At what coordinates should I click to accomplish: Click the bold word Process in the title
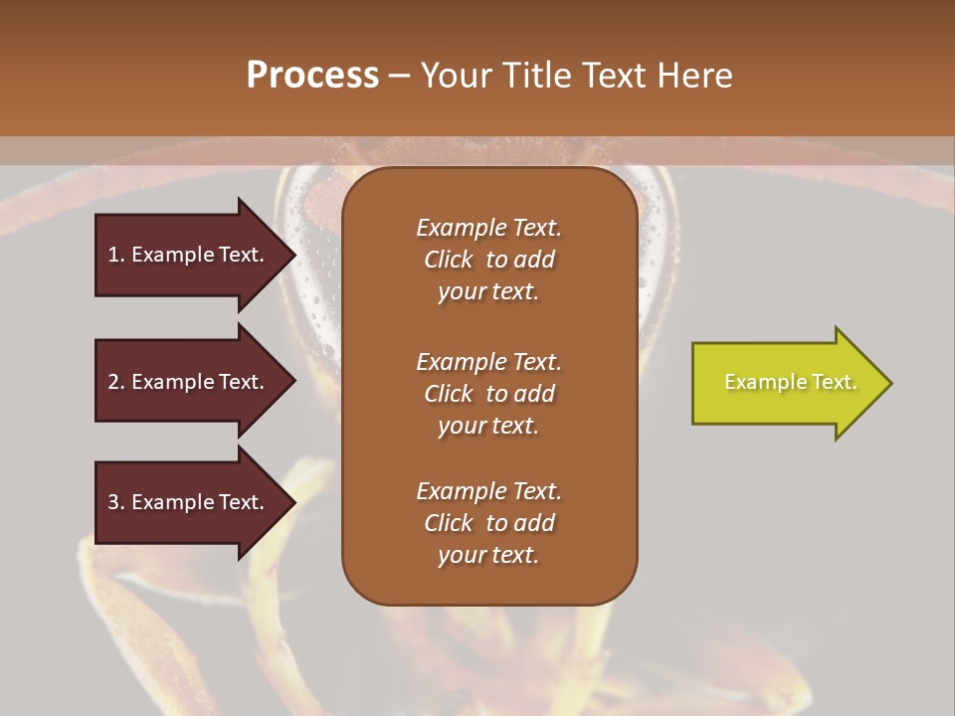click(312, 76)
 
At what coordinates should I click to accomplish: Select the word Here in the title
click(694, 76)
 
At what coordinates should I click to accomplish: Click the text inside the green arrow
click(791, 382)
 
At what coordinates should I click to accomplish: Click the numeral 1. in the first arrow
click(115, 255)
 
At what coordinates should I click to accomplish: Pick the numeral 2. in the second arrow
click(115, 382)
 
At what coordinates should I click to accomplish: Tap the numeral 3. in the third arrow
click(115, 502)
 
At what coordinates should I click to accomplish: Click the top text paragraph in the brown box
click(488, 260)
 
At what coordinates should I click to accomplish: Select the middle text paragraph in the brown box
click(488, 394)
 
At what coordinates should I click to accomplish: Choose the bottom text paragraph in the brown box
click(488, 523)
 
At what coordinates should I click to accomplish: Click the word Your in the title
click(454, 76)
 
